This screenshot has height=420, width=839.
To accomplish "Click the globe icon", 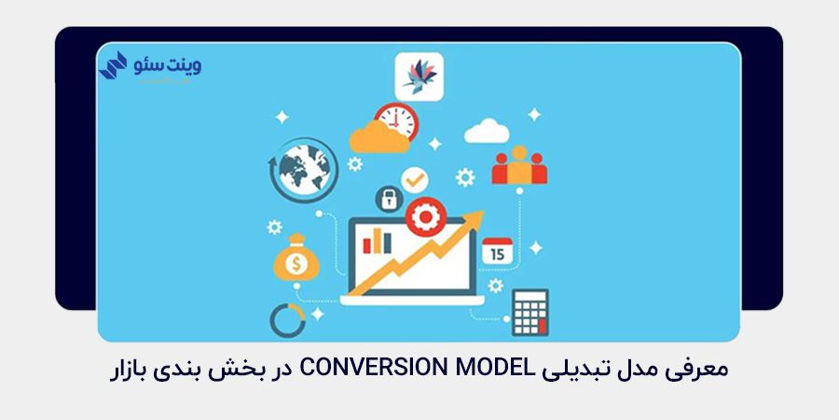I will coord(304,167).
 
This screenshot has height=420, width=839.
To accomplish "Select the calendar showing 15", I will coord(497,250).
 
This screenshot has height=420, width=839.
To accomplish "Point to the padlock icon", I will coord(387,199).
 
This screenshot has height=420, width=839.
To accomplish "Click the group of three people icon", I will coord(520,165).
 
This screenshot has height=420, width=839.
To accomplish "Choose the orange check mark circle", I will coord(413,177).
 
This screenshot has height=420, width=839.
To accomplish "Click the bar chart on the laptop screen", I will coord(378,241).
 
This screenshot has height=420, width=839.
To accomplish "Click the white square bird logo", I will coord(418,75).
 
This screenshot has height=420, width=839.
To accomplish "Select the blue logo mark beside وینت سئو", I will coord(114,65).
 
